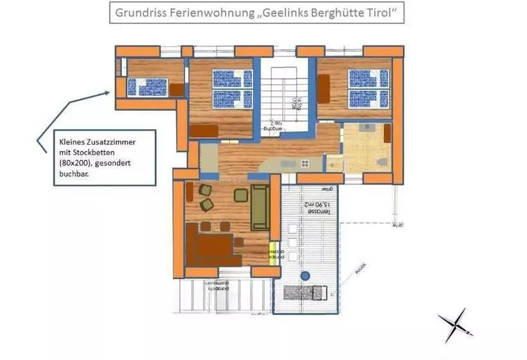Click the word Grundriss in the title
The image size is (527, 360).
point(136,12)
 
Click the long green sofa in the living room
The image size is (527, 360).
point(260,206)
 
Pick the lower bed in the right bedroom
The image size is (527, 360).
point(367,98)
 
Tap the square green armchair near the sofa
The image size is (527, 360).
point(241,195)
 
